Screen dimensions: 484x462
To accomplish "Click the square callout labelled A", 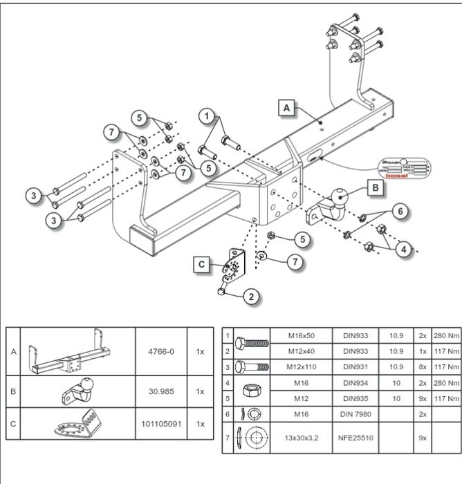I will pyautogui.click(x=287, y=107).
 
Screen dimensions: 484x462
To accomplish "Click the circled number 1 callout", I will pyautogui.click(x=206, y=116).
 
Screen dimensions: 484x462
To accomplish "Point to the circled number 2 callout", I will pyautogui.click(x=252, y=297).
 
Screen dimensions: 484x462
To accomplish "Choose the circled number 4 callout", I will pyautogui.click(x=403, y=250).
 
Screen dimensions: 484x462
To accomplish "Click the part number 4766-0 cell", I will pyautogui.click(x=163, y=351).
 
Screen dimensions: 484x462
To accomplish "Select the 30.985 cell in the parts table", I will pyautogui.click(x=163, y=391).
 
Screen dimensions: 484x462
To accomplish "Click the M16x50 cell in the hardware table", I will pyautogui.click(x=302, y=335).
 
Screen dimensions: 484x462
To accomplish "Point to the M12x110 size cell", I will pyautogui.click(x=302, y=366).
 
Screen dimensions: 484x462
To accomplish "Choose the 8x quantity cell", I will pyautogui.click(x=422, y=366).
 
